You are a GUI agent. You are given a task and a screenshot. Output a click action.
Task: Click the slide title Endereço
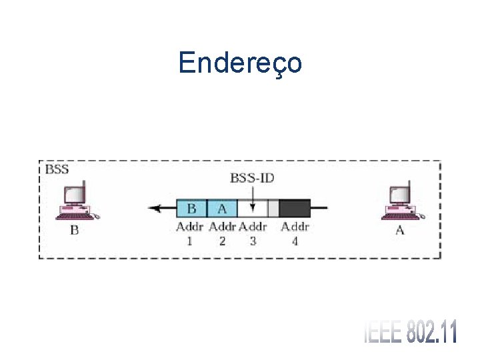click(240, 63)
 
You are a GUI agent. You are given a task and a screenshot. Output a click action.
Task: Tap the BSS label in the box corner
click(57, 169)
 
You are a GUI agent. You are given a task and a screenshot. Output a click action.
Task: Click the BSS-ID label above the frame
click(252, 178)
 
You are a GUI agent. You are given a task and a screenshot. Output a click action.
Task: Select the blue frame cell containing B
click(191, 208)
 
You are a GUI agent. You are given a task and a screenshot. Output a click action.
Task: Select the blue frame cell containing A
click(222, 208)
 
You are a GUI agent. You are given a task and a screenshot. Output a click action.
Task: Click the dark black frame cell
click(295, 208)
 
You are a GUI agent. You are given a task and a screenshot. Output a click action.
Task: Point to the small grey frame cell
click(273, 208)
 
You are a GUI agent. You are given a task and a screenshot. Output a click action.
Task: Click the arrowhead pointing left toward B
click(155, 208)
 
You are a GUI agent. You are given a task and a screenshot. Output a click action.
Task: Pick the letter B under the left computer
click(74, 231)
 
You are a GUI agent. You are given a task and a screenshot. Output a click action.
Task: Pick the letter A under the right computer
click(400, 231)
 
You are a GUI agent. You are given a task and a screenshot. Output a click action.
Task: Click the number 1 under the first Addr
click(189, 241)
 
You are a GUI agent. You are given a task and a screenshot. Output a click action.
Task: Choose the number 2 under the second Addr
click(222, 241)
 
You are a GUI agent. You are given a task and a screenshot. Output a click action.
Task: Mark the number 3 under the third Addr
click(253, 241)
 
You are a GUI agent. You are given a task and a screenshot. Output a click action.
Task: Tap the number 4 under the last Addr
click(295, 241)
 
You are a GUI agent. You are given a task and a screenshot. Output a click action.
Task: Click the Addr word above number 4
click(295, 227)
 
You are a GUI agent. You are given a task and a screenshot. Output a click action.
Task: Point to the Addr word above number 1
click(190, 227)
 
